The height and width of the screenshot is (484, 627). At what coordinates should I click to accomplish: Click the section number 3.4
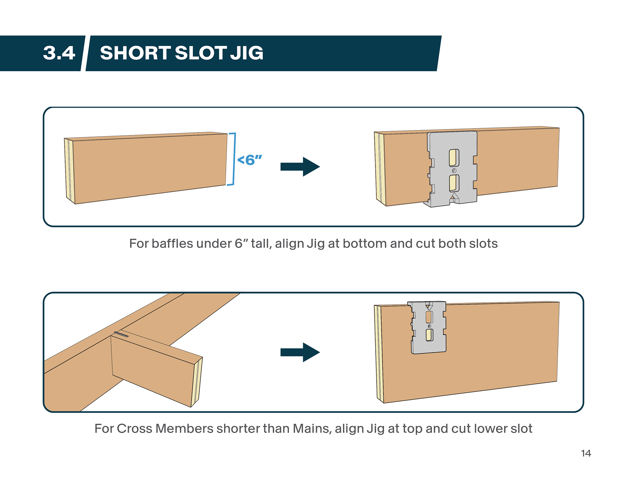[59, 53]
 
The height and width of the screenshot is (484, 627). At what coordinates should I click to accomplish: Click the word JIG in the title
[247, 53]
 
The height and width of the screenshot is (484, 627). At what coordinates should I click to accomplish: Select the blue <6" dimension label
[250, 160]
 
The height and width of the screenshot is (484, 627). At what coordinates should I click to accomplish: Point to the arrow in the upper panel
[300, 167]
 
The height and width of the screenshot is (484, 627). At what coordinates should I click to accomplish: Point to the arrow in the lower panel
[300, 352]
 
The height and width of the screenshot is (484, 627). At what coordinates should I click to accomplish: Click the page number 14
[586, 453]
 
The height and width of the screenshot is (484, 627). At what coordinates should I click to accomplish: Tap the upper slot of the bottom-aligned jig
[454, 158]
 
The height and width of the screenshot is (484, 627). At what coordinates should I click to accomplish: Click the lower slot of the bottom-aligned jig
[454, 183]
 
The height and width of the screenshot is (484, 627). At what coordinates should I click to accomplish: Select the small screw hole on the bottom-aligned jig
[454, 171]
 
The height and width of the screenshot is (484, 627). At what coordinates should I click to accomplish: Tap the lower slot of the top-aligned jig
[429, 335]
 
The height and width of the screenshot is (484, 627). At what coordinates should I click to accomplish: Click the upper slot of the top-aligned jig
[429, 317]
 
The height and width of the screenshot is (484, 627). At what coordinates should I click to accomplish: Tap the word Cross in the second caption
[134, 429]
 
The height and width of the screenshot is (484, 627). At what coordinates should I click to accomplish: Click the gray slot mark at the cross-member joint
[121, 334]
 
